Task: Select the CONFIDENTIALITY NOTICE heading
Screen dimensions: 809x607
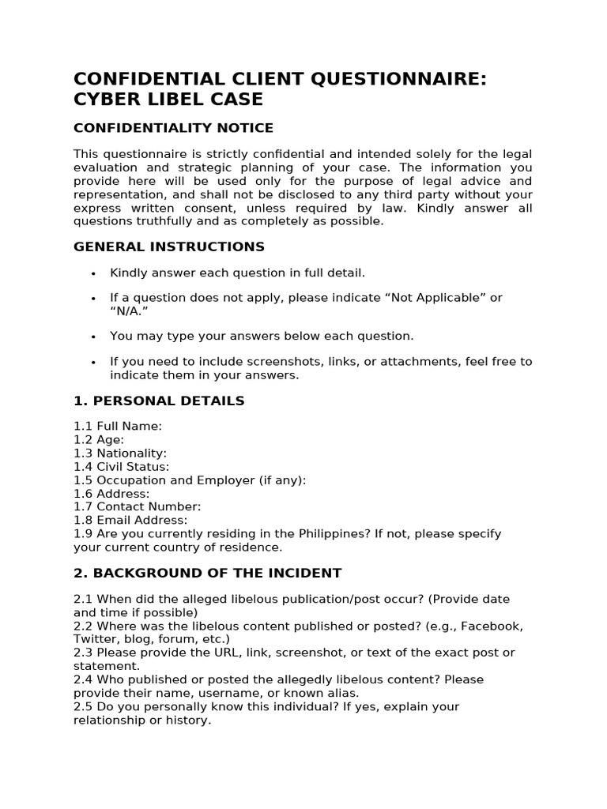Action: (x=173, y=128)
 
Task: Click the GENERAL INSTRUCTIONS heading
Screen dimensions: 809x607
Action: (x=169, y=246)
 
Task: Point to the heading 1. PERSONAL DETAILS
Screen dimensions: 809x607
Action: (x=159, y=401)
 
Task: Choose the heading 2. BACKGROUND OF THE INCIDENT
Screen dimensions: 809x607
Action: (x=207, y=573)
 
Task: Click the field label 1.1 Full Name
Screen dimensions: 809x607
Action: (x=118, y=427)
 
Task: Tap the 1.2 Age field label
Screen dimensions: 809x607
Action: (x=99, y=440)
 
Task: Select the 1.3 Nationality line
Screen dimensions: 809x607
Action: (x=120, y=453)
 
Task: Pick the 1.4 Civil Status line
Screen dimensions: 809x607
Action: (x=122, y=467)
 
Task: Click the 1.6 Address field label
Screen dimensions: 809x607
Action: (x=111, y=494)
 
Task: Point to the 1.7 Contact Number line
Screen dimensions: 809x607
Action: (x=138, y=506)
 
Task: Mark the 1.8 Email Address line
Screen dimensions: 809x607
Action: (x=130, y=520)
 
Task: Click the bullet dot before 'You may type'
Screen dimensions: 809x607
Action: (x=93, y=337)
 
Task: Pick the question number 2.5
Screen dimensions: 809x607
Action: (x=83, y=706)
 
